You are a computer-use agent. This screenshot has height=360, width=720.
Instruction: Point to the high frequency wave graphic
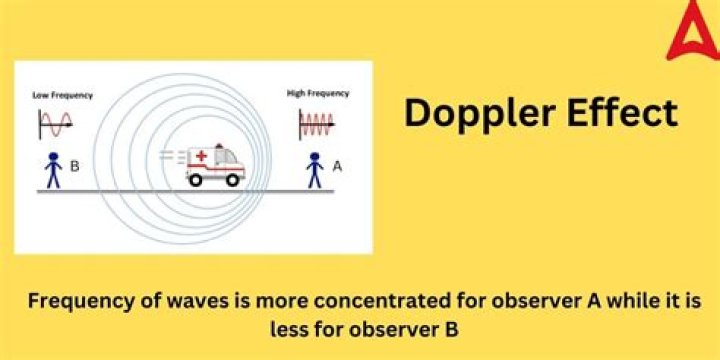(x=318, y=124)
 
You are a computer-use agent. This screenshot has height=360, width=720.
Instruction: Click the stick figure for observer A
(x=315, y=168)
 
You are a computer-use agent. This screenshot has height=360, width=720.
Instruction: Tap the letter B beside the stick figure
(x=75, y=166)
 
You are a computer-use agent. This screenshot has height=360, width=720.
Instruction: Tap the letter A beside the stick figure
(x=336, y=167)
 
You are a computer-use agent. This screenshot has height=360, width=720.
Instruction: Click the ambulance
(x=215, y=166)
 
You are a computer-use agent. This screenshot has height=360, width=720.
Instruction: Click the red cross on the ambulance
(x=203, y=157)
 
